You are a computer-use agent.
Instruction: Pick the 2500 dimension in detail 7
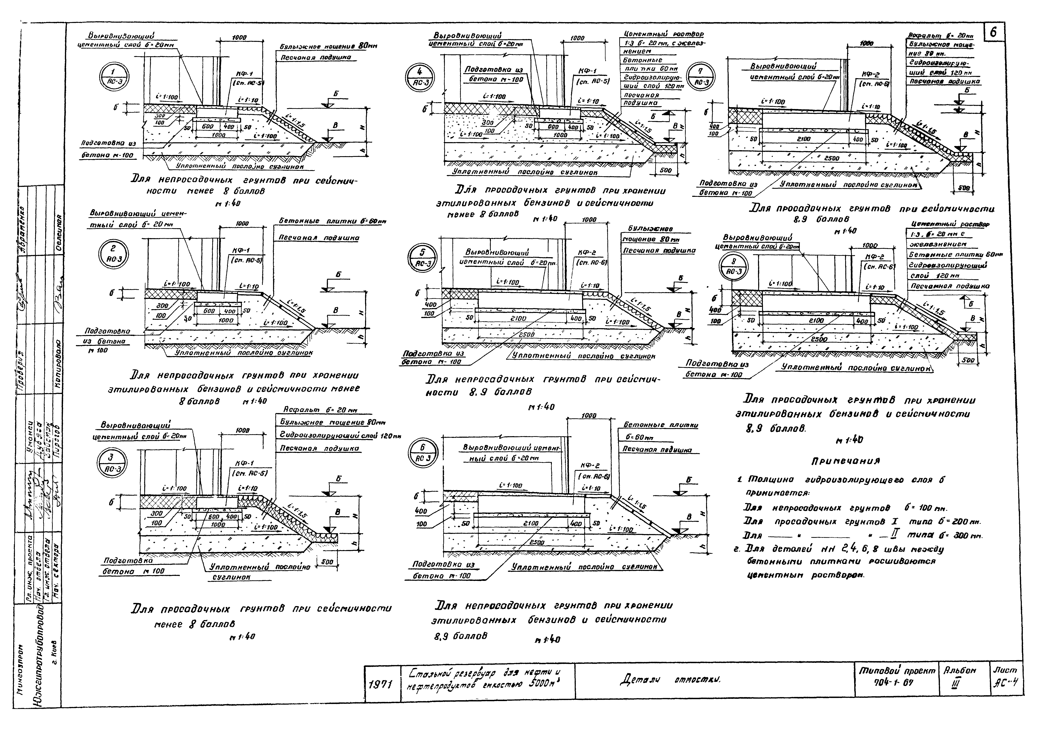831,159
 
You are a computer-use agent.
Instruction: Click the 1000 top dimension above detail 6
589,416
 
